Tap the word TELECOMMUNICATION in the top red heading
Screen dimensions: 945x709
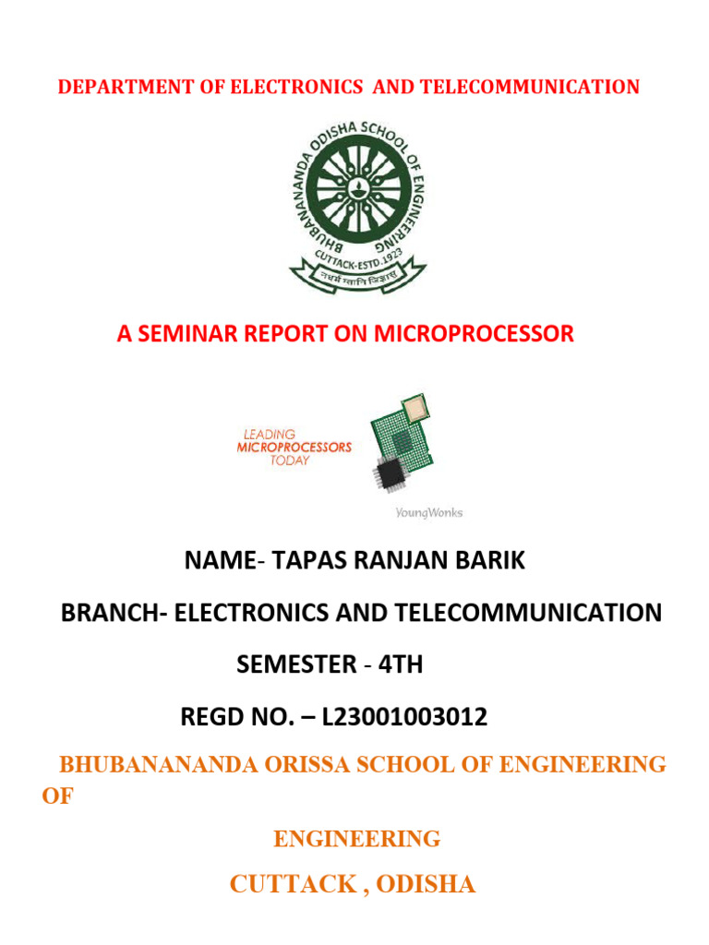pos(529,88)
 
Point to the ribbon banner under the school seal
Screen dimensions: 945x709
pos(357,274)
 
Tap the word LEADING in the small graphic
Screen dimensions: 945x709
pos(269,433)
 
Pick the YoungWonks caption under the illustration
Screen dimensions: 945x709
pos(422,513)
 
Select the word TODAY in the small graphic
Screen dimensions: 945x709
pos(290,461)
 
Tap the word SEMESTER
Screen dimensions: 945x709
pos(295,664)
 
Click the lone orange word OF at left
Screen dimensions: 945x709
pos(56,796)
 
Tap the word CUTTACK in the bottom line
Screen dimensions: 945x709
pos(292,885)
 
